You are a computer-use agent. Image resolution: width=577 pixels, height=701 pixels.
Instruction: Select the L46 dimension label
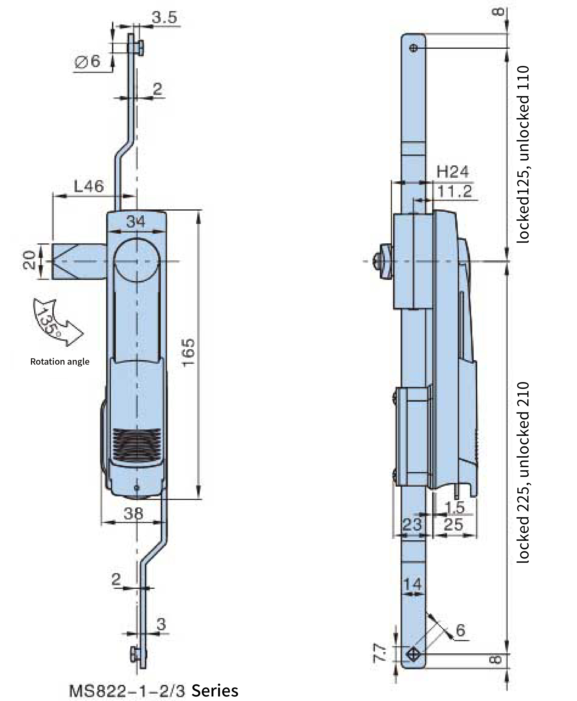[89, 186]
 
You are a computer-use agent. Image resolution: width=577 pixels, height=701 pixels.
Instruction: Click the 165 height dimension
[188, 352]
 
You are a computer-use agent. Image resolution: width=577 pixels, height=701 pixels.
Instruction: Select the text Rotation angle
[60, 361]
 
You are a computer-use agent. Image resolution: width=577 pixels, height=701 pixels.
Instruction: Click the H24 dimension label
[452, 172]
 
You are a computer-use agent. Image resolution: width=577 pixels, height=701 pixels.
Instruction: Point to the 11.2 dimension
[454, 192]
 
